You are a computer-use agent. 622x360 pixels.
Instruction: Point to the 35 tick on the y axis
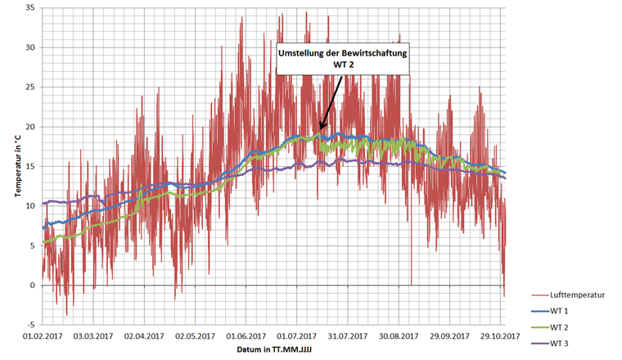click(32, 8)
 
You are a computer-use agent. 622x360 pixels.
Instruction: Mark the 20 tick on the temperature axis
click(32, 127)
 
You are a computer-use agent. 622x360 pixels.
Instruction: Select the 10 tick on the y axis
click(32, 206)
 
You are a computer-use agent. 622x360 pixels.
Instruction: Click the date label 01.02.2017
click(43, 336)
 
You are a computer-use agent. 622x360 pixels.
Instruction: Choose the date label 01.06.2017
click(246, 336)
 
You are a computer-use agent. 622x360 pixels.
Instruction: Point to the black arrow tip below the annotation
click(320, 130)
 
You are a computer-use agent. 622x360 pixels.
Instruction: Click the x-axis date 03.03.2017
click(94, 336)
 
